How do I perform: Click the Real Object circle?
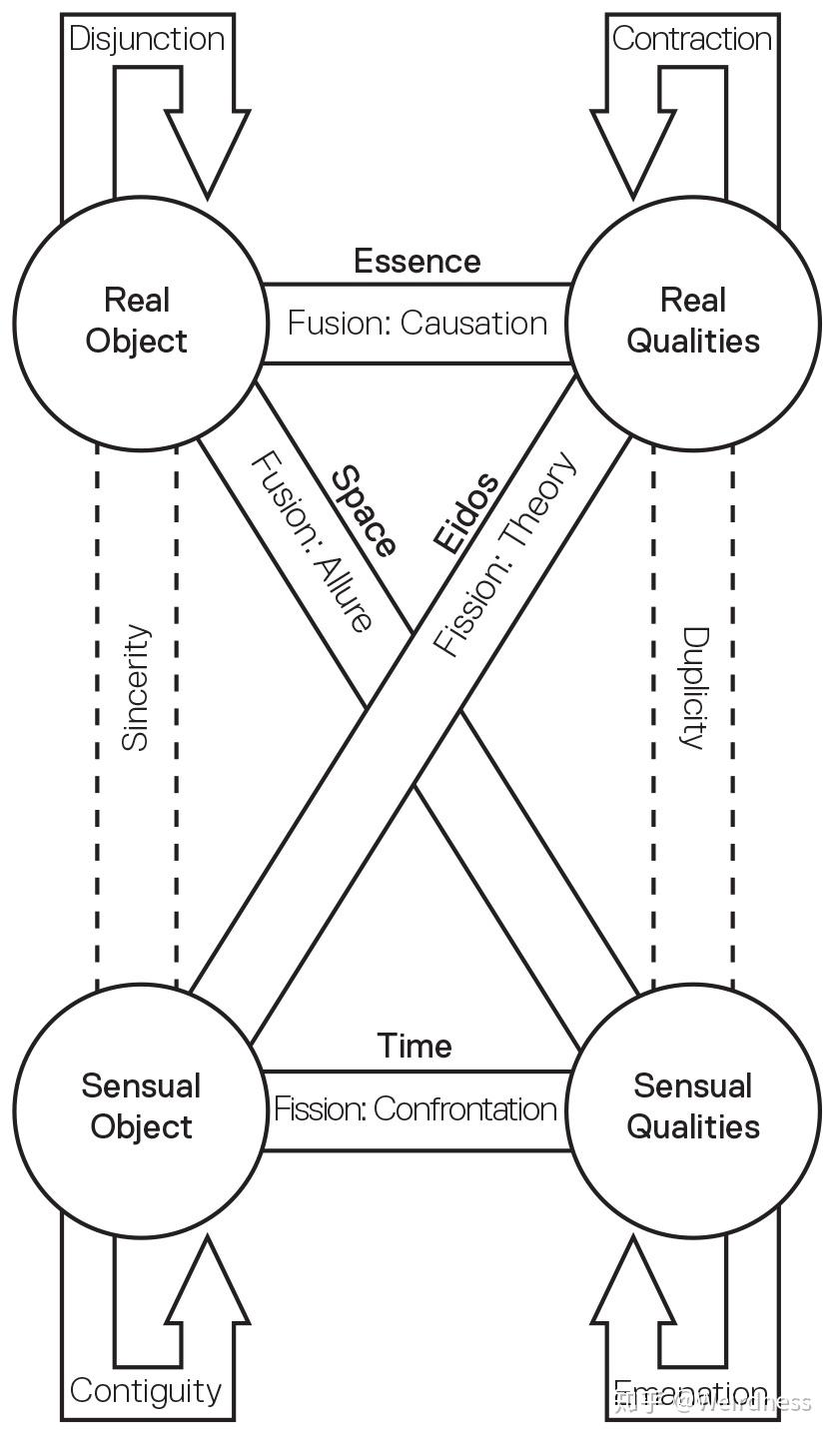[x=137, y=322]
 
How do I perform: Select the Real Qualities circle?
[x=693, y=322]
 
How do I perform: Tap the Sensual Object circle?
[x=141, y=1106]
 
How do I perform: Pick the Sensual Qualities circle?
[x=693, y=1106]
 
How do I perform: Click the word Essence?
[x=416, y=262]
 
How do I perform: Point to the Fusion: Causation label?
[x=416, y=323]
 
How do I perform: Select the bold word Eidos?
[x=465, y=513]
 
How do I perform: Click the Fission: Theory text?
[x=505, y=554]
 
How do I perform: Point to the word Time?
[x=415, y=1047]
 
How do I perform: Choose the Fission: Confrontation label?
[x=416, y=1108]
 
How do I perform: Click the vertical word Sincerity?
[x=136, y=687]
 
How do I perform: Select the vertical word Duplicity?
[x=693, y=687]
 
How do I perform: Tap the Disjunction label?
[x=147, y=39]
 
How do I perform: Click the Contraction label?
[x=691, y=39]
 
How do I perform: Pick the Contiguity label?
[x=146, y=1390]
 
